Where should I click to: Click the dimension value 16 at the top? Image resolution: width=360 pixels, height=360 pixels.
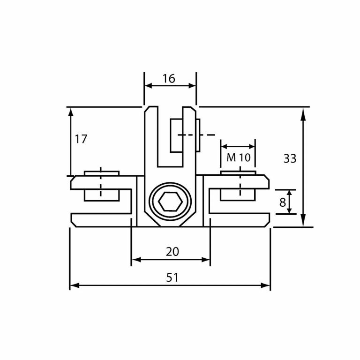[x=169, y=79]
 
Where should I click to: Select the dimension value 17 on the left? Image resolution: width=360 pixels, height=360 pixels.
[x=81, y=139]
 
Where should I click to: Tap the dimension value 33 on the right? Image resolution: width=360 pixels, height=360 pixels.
[x=290, y=159]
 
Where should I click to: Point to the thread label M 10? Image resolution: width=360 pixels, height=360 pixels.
[x=239, y=158]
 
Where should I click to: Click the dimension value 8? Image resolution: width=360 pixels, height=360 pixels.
[x=282, y=202]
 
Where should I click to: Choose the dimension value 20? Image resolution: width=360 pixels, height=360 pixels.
[x=172, y=252]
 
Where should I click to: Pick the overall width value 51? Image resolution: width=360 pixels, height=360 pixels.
[x=172, y=277]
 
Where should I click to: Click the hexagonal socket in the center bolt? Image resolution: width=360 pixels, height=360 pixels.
[x=170, y=202]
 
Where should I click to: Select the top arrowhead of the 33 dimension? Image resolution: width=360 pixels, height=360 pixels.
[x=303, y=112]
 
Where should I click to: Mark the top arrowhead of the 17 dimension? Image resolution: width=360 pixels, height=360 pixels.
[x=71, y=112]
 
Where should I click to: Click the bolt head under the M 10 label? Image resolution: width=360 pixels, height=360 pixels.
[x=238, y=173]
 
